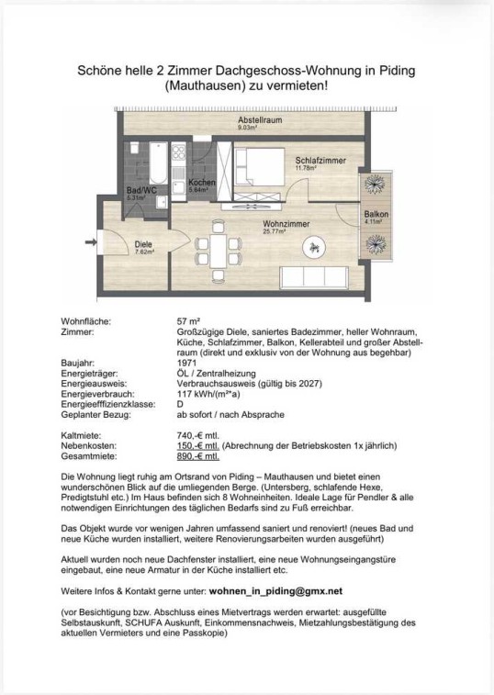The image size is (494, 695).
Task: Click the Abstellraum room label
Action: (260, 119)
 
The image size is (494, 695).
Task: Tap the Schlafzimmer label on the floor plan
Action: (320, 161)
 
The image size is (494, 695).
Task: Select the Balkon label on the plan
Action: (376, 214)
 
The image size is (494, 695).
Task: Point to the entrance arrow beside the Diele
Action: (91, 241)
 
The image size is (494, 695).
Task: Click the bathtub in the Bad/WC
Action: (158, 163)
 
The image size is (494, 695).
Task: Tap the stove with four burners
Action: (178, 151)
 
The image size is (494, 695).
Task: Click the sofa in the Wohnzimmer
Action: (314, 276)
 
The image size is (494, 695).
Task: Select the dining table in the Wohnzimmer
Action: (218, 252)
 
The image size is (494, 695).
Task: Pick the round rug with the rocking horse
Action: (314, 247)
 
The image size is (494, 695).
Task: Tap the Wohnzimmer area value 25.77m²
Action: (275, 231)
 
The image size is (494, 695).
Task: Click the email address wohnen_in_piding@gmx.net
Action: (275, 591)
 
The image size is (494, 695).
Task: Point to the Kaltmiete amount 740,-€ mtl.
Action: (197, 436)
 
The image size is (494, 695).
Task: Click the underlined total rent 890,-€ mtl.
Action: (197, 456)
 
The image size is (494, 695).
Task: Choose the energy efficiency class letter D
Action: (180, 404)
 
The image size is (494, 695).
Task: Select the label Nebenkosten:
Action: (88, 446)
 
